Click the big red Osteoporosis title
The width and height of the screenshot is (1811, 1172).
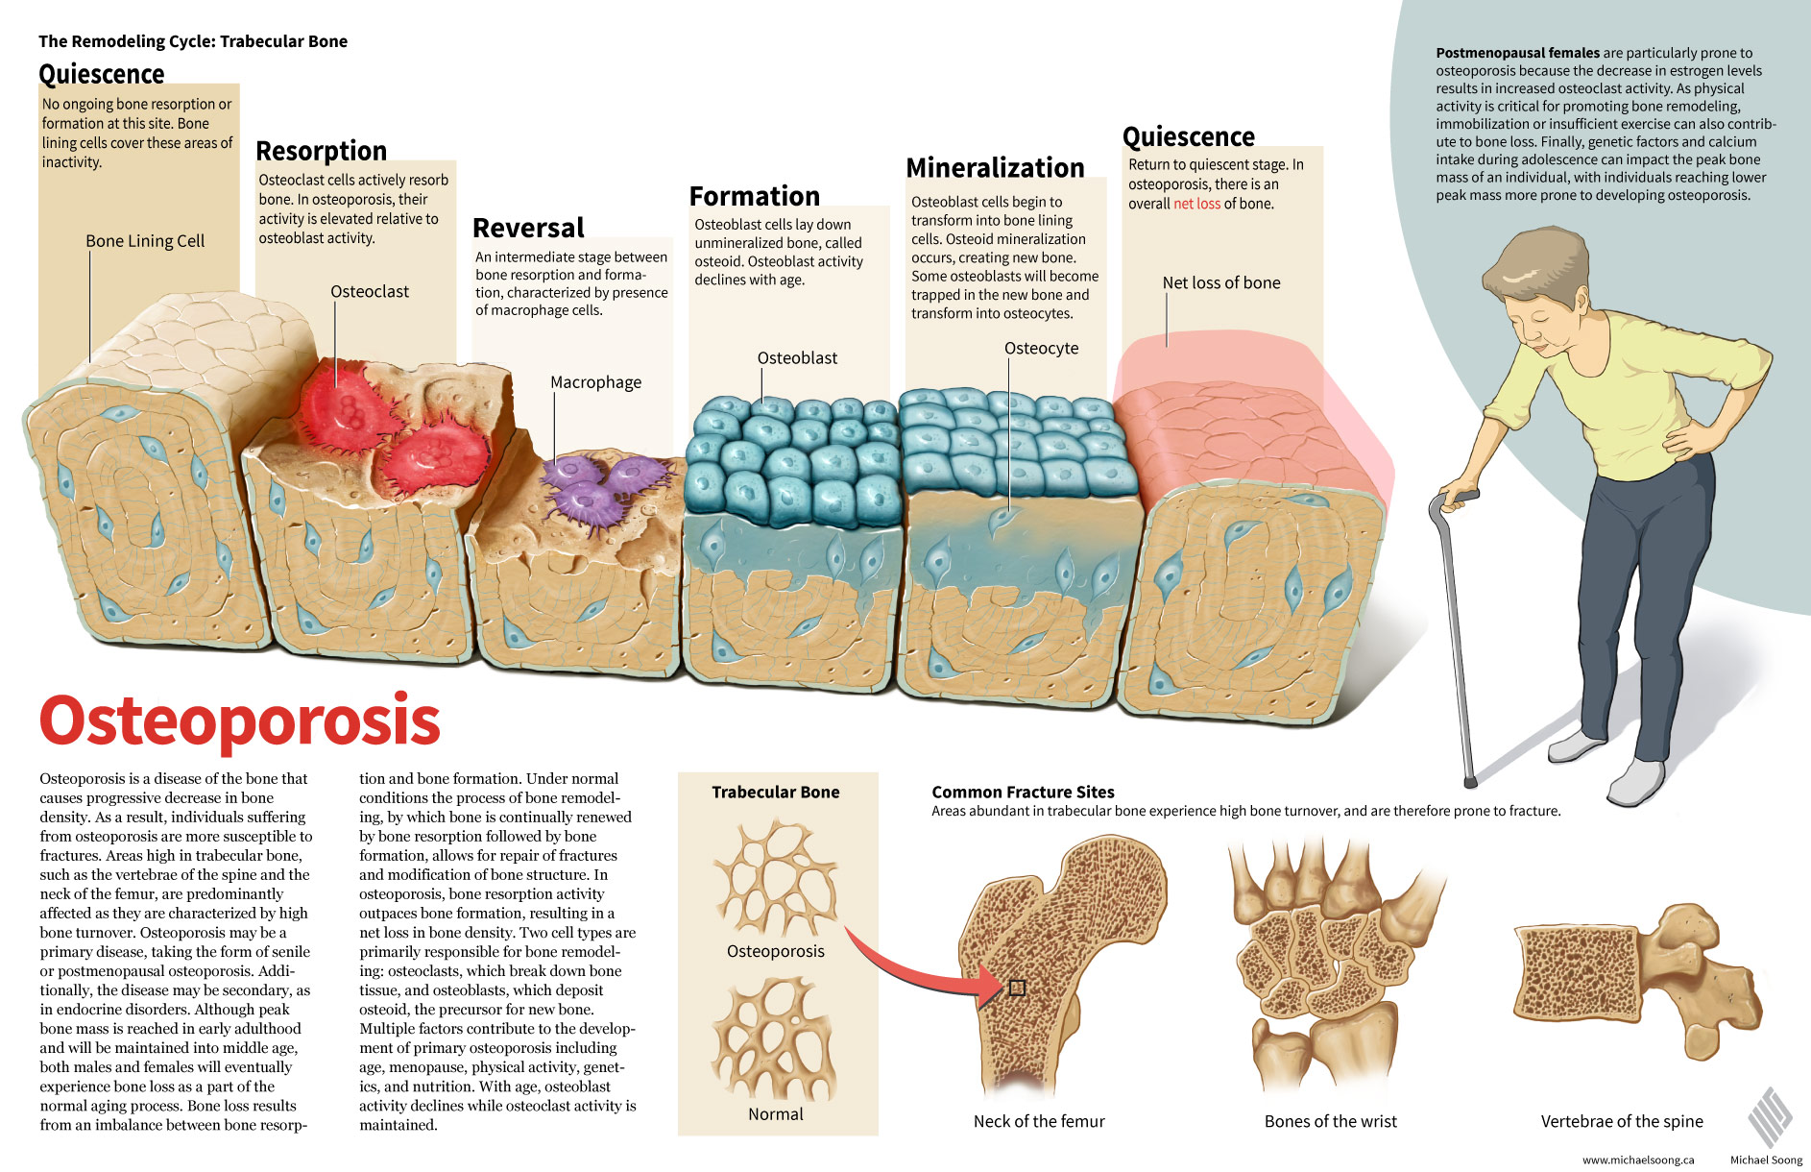point(240,720)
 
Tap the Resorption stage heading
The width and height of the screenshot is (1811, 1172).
point(322,152)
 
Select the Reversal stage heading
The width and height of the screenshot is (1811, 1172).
point(528,228)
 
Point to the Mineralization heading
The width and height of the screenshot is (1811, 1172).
point(995,168)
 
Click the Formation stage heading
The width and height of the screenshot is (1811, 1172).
point(755,196)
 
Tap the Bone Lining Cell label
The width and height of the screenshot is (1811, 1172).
point(145,241)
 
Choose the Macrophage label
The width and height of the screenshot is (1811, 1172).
point(595,382)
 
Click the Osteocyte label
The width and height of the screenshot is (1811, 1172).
point(1041,348)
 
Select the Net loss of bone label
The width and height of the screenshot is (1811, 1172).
point(1221,282)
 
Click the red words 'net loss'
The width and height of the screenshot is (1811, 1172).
point(1196,204)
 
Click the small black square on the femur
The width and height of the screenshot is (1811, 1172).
point(1018,988)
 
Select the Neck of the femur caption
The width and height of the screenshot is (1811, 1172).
point(1039,1121)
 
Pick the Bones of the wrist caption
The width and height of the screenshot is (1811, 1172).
point(1331,1121)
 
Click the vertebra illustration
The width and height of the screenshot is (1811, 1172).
point(1637,980)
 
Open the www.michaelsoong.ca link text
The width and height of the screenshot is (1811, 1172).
point(1638,1160)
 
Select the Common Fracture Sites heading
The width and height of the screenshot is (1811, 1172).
point(1023,793)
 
